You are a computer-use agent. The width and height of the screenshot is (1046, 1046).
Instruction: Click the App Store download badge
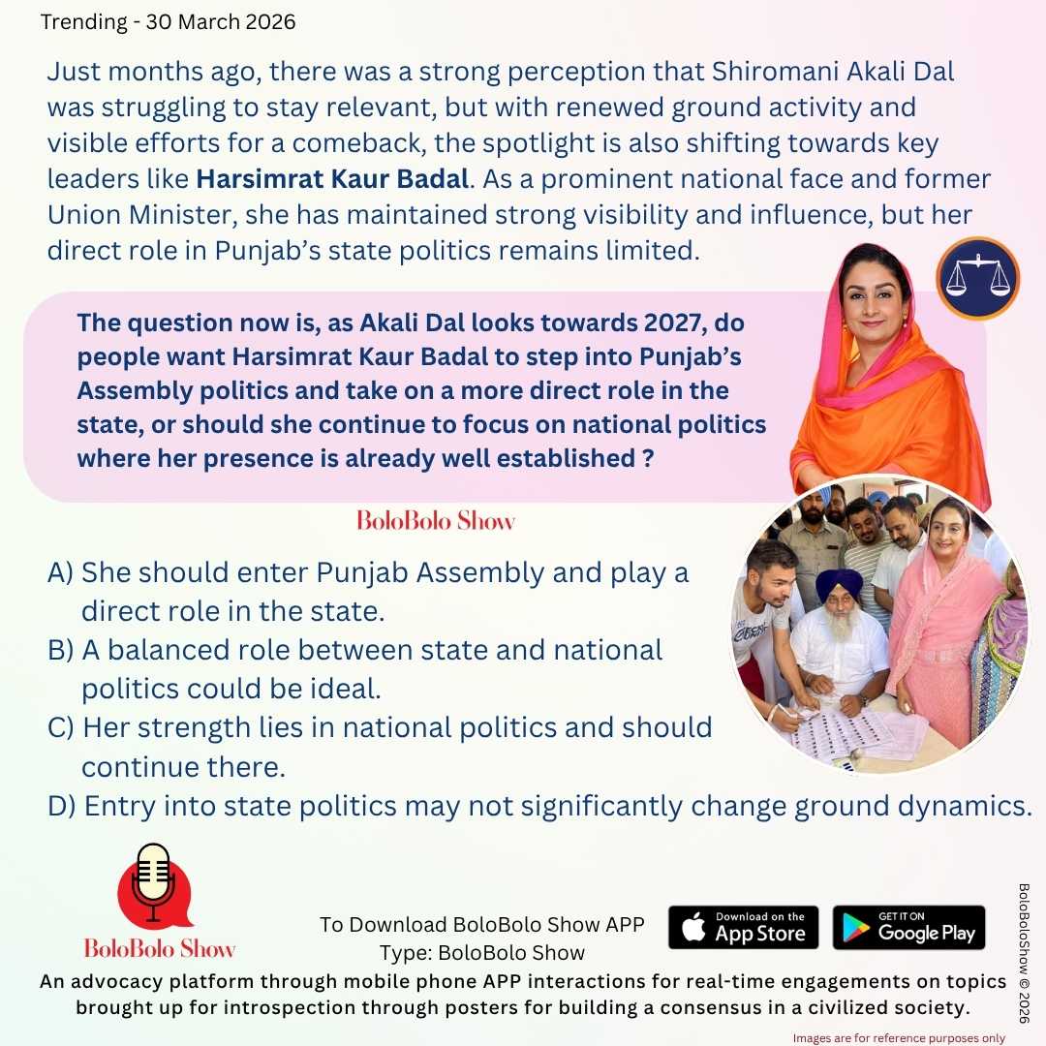tap(743, 928)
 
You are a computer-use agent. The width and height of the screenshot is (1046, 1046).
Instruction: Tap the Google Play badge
tap(908, 928)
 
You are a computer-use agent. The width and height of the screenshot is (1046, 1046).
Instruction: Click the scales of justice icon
tap(976, 278)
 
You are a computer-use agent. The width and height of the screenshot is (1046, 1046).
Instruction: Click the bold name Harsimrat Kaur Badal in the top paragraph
tap(332, 178)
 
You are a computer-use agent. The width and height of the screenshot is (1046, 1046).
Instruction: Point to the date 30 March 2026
tap(221, 22)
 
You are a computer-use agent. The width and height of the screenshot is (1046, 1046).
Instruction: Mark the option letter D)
tap(62, 805)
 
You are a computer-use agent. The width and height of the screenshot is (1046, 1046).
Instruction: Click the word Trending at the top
tap(84, 22)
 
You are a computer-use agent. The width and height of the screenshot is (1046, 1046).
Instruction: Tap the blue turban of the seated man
tap(839, 585)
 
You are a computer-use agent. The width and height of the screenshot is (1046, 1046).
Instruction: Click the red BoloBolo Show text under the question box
tap(436, 521)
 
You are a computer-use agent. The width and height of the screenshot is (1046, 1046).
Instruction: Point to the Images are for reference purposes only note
tap(899, 1037)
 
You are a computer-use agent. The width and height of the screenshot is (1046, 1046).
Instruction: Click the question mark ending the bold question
tap(646, 458)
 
